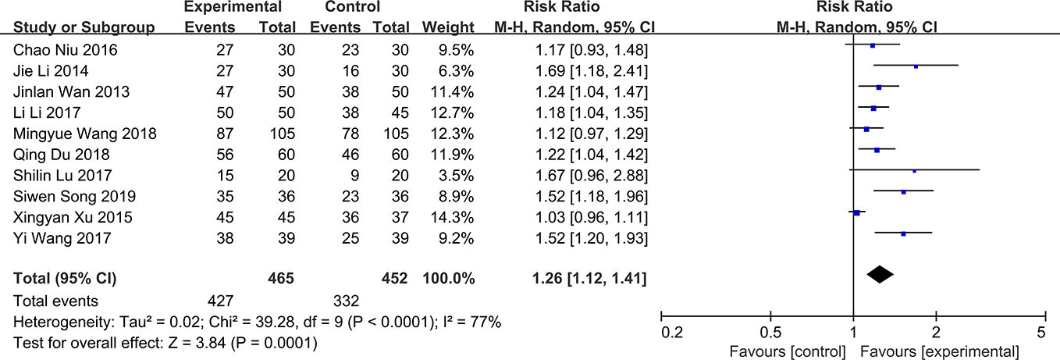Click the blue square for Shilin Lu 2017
tap(914, 169)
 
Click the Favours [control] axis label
tap(787, 350)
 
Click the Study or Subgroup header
tap(84, 28)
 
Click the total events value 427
tap(219, 301)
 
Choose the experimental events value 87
tap(222, 134)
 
